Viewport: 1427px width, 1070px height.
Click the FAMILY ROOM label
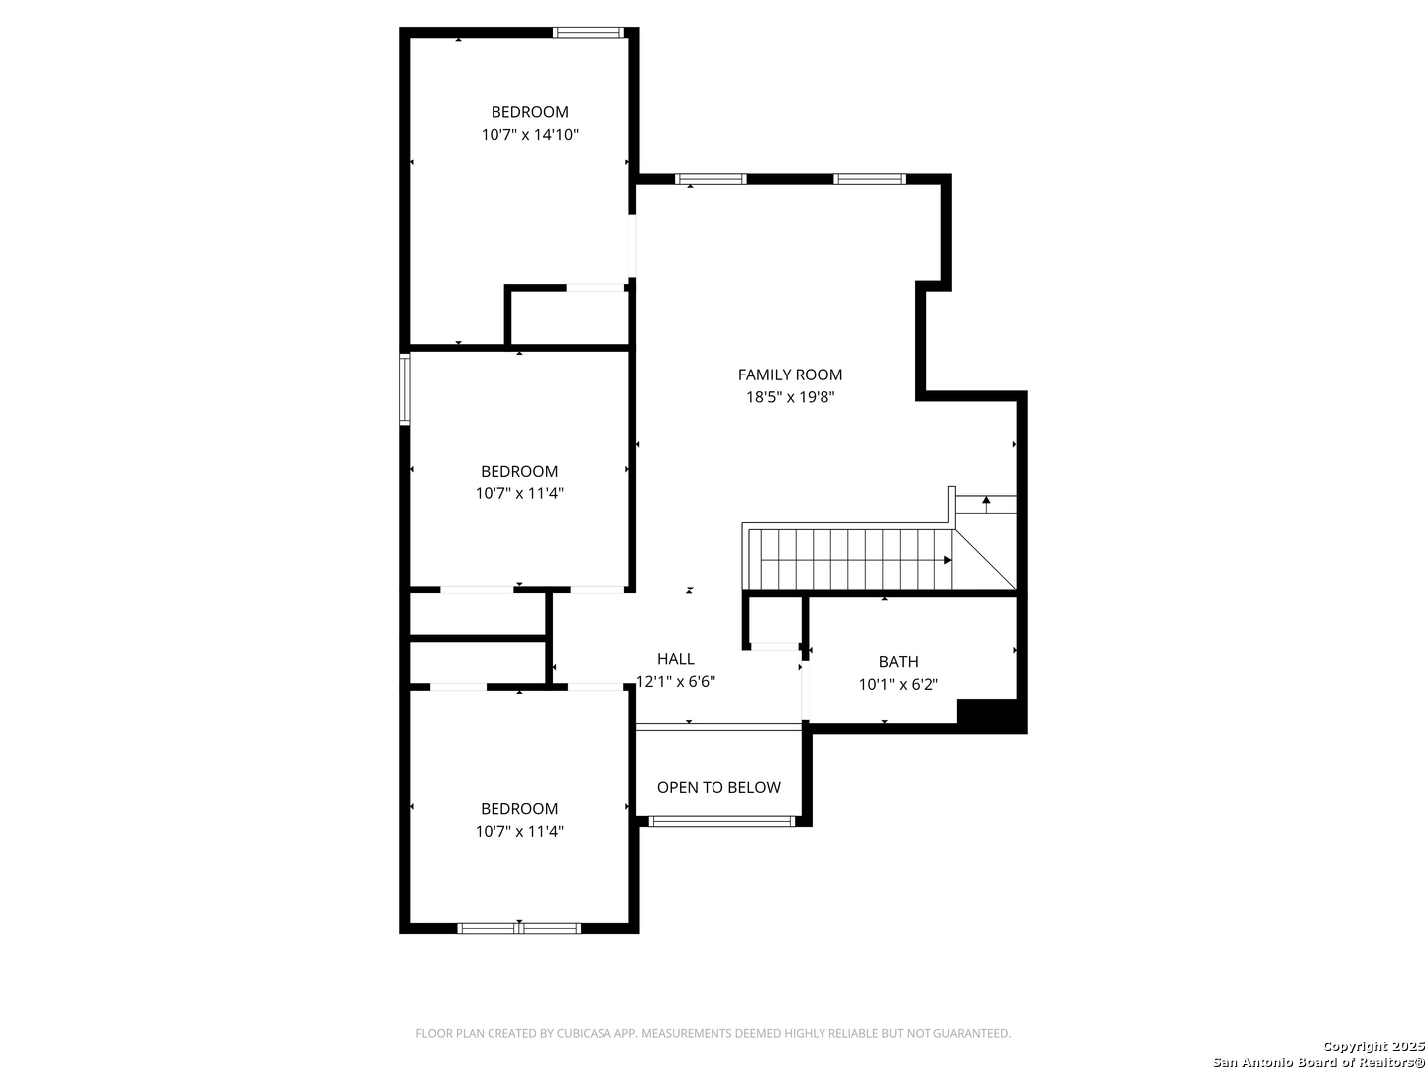tap(790, 374)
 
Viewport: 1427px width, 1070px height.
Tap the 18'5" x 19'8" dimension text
tap(790, 397)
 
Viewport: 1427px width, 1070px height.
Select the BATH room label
tap(898, 662)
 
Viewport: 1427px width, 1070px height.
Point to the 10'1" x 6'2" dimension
tap(898, 684)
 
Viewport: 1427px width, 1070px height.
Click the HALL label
tap(676, 659)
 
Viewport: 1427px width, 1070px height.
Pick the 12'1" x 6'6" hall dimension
tap(676, 682)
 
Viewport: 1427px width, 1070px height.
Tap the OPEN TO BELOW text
tap(718, 788)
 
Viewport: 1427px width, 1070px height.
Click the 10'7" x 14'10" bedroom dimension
tap(529, 135)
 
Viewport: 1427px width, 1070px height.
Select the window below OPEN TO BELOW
tap(721, 822)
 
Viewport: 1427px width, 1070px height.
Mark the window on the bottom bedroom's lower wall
tap(519, 928)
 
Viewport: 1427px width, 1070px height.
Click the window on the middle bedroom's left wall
tap(405, 389)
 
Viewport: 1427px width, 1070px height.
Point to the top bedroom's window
tap(589, 33)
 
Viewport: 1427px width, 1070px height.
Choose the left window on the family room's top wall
tap(710, 179)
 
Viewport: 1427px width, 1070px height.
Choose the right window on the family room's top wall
tap(869, 179)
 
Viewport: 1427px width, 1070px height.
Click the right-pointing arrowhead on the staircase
tap(948, 560)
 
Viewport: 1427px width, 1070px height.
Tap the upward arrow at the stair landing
tap(986, 505)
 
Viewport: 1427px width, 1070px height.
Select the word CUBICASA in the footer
tap(584, 1034)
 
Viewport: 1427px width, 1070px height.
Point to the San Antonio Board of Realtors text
tap(1318, 1061)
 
